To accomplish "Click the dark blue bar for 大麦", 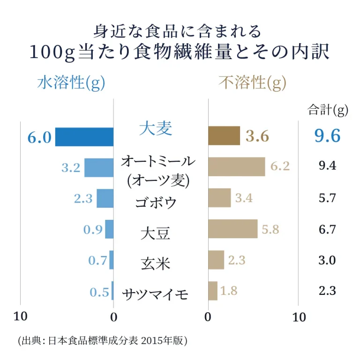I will [x=84, y=137].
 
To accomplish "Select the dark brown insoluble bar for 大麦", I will [x=224, y=136].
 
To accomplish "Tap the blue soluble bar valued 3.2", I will [x=99, y=167].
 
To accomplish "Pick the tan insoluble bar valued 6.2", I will [x=236, y=166].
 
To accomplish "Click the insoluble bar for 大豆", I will [x=232, y=229].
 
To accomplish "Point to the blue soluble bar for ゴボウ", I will [x=105, y=198].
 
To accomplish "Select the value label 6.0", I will [x=39, y=137].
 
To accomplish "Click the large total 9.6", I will [x=327, y=136].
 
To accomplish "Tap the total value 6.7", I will [x=327, y=229].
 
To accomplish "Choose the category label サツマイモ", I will [x=155, y=294].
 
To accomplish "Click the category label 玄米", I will [x=155, y=263].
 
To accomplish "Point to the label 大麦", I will [x=156, y=128].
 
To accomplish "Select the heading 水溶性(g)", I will [x=71, y=83].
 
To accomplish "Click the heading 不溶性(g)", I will [x=252, y=83].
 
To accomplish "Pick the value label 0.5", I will [x=99, y=292].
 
